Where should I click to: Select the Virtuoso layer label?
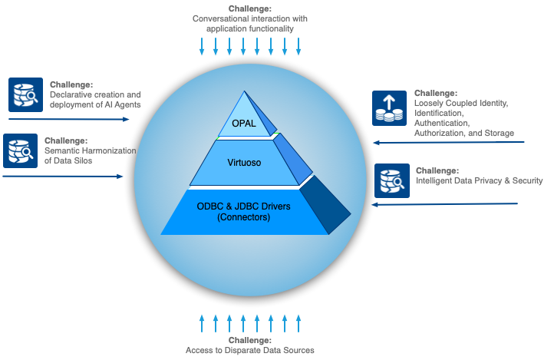click(x=243, y=163)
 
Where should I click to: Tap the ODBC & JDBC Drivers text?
click(x=243, y=205)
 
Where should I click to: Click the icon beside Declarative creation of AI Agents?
click(x=25, y=94)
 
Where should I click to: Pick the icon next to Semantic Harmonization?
click(x=20, y=151)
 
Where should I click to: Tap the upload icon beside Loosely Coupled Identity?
click(x=389, y=107)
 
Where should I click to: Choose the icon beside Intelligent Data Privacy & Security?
click(x=392, y=181)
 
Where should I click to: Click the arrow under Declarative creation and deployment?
click(x=69, y=119)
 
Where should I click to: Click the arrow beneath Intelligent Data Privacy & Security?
click(x=444, y=204)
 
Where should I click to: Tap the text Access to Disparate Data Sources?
click(x=249, y=350)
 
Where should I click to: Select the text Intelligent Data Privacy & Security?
click(x=479, y=181)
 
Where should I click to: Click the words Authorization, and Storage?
click(x=463, y=133)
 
